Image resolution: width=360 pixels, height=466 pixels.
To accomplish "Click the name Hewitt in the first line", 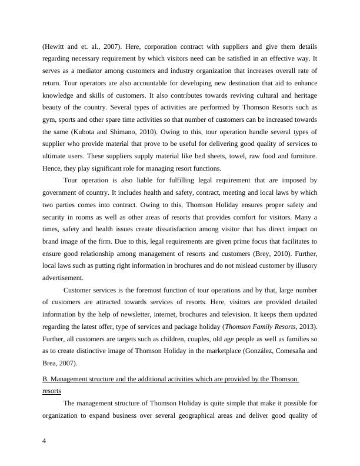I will tap(56, 46).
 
